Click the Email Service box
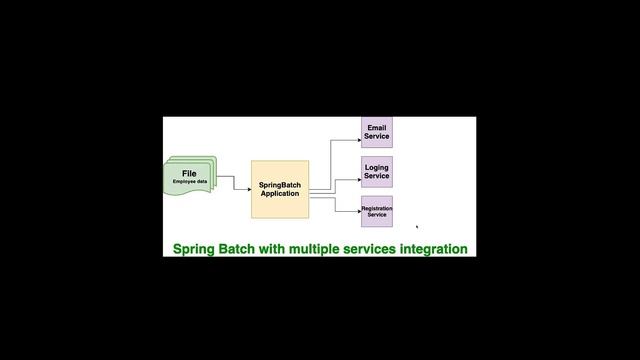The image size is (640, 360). (x=376, y=132)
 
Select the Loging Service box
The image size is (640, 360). (x=376, y=171)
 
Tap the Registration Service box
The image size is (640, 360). (x=376, y=211)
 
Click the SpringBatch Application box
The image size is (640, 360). (x=280, y=189)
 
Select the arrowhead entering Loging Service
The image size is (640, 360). (x=357, y=179)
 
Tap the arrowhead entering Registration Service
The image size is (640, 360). (x=357, y=211)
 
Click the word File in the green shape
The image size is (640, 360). (x=189, y=174)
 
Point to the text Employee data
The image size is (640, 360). (x=189, y=182)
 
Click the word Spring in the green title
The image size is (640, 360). (x=197, y=248)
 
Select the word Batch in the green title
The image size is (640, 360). (x=241, y=248)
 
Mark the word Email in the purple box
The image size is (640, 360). (x=377, y=128)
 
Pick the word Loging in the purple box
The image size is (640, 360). (x=377, y=167)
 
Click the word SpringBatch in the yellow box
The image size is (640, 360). (x=280, y=185)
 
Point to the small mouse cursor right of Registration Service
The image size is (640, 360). (x=417, y=227)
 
